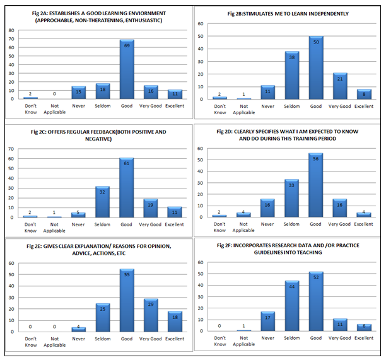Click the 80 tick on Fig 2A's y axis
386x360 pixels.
tap(12, 30)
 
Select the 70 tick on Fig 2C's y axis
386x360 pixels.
tap(12, 149)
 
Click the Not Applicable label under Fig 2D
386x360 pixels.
tap(243, 227)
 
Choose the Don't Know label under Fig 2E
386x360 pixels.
tap(30, 342)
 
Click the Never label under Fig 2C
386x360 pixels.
tap(78, 224)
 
